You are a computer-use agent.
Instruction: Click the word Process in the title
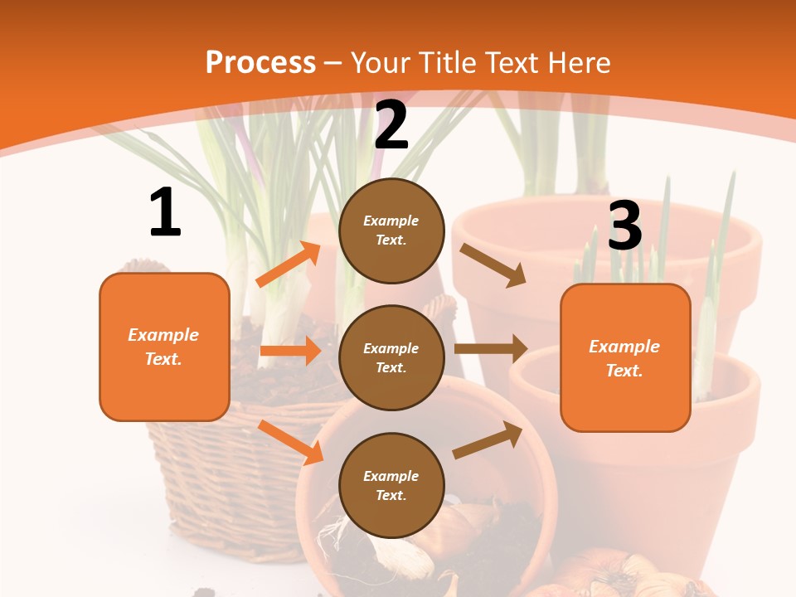point(260,63)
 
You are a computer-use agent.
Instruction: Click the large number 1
point(165,213)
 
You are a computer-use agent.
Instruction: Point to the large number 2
point(391,126)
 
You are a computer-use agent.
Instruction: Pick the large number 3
point(624,226)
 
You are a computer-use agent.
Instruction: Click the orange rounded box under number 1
point(164,347)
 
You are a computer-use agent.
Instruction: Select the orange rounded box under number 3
point(625,357)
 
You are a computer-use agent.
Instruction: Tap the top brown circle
point(391,231)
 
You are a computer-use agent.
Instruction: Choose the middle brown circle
point(391,358)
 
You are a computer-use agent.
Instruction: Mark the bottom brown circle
point(391,485)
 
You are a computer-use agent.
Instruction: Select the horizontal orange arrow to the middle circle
point(290,351)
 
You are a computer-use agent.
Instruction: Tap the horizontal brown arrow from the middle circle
point(491,349)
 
